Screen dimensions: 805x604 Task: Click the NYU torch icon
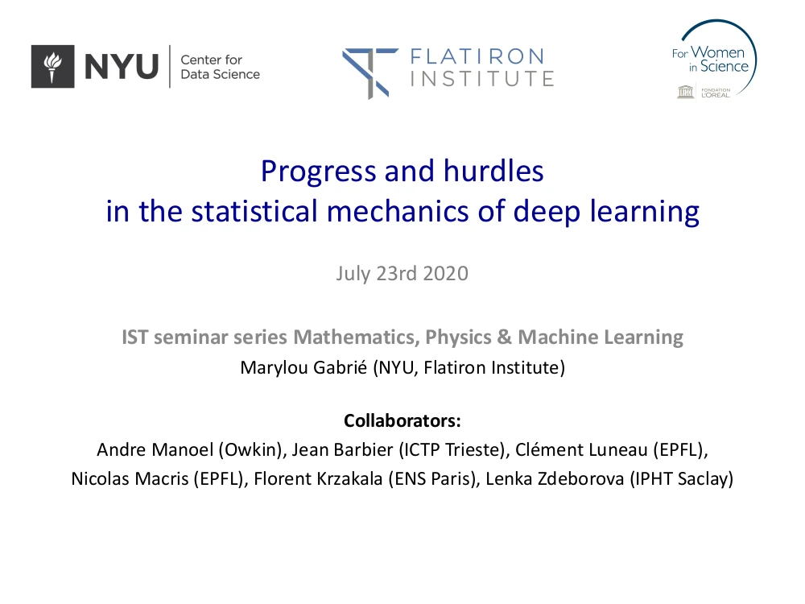click(x=52, y=66)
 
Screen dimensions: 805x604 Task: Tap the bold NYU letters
click(x=122, y=67)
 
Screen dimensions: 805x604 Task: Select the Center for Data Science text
click(x=220, y=67)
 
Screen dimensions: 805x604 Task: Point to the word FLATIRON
click(x=477, y=56)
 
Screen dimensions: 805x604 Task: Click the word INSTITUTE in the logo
click(x=481, y=79)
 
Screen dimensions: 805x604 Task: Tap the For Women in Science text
click(x=711, y=60)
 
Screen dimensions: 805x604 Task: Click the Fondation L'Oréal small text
click(x=715, y=93)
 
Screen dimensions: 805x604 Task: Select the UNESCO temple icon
click(x=685, y=92)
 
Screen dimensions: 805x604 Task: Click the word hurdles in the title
click(x=493, y=171)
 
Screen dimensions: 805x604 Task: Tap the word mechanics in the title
click(x=398, y=211)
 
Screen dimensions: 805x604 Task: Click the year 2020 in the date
click(x=446, y=273)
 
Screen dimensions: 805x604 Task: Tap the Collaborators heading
click(x=402, y=420)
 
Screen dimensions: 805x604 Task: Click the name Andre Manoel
click(x=155, y=449)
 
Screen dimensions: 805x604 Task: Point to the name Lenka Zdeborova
click(x=555, y=478)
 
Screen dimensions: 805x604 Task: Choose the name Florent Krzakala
click(x=318, y=478)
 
